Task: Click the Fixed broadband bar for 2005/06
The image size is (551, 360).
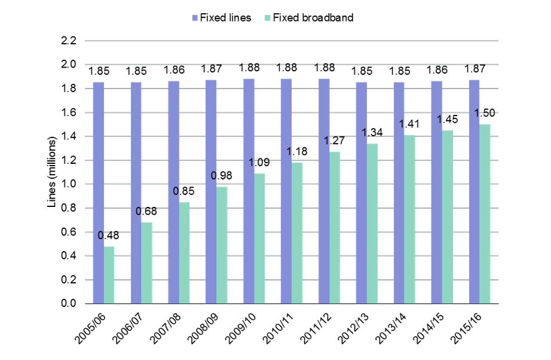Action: pyautogui.click(x=109, y=275)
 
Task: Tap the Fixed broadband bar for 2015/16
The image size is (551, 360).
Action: pyautogui.click(x=485, y=214)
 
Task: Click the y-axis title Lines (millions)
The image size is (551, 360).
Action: pyautogui.click(x=52, y=172)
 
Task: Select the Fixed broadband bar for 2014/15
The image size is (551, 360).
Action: pyautogui.click(x=447, y=217)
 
